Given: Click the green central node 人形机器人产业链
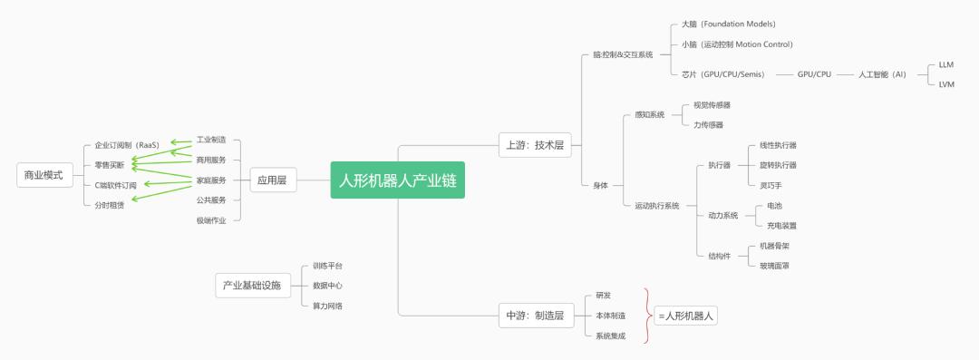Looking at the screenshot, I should pyautogui.click(x=397, y=180).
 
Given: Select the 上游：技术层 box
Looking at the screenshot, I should pyautogui.click(x=535, y=144).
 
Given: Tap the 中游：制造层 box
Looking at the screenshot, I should pyautogui.click(x=535, y=316).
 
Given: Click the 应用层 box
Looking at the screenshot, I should pyautogui.click(x=271, y=180).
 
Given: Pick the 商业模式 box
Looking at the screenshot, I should pyautogui.click(x=44, y=175).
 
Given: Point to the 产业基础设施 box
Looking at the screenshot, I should pyautogui.click(x=252, y=286).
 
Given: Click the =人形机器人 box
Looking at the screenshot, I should pyautogui.click(x=687, y=316).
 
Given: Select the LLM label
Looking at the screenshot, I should pyautogui.click(x=946, y=65).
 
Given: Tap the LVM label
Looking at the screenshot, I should pyautogui.click(x=946, y=83).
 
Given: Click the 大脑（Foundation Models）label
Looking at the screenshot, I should pyautogui.click(x=730, y=24).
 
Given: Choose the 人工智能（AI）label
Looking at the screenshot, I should pyautogui.click(x=881, y=74).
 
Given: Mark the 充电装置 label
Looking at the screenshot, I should pyautogui.click(x=781, y=225).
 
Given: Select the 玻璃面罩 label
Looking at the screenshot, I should pyautogui.click(x=774, y=266).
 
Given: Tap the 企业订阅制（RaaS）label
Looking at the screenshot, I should pyautogui.click(x=127, y=145).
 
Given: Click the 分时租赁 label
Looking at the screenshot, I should pyautogui.click(x=110, y=205).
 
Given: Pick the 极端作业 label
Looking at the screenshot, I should pyautogui.click(x=211, y=220).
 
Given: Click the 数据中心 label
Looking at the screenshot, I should pyautogui.click(x=327, y=286).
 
